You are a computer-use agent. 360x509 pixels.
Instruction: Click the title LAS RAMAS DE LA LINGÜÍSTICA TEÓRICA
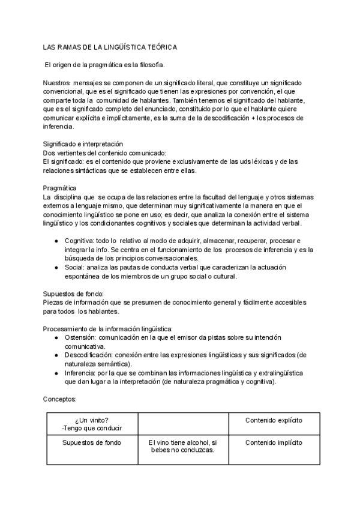(x=110, y=47)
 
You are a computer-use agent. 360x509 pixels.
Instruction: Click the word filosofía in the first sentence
(x=148, y=64)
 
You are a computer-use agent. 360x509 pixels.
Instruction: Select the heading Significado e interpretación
(x=83, y=144)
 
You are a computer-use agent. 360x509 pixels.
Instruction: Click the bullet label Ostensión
(x=80, y=338)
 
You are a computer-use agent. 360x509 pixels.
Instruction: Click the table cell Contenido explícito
(x=274, y=420)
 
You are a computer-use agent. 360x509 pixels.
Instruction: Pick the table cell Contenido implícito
(x=274, y=443)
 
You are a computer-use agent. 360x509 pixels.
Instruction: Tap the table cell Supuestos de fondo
(x=92, y=443)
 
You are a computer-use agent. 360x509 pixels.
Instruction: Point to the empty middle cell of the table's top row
(x=182, y=423)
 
